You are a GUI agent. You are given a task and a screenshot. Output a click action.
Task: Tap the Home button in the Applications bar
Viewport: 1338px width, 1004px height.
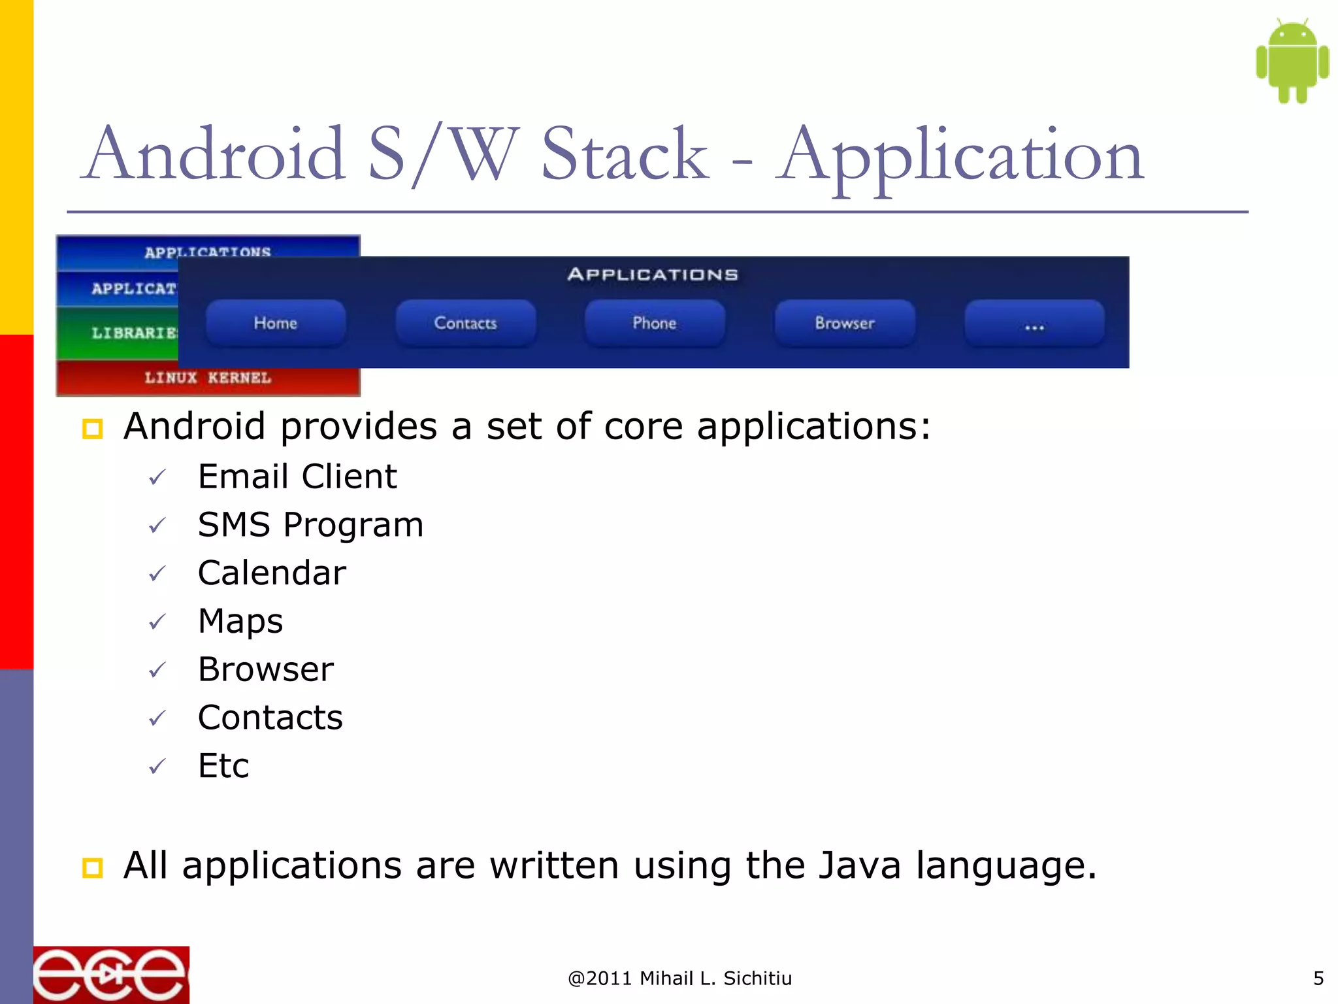click(276, 323)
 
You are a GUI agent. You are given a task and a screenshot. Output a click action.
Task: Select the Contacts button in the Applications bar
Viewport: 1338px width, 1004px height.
click(466, 323)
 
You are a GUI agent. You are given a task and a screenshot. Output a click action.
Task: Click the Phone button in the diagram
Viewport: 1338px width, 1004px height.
click(655, 323)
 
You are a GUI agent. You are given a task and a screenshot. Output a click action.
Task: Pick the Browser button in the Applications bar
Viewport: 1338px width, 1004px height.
click(845, 323)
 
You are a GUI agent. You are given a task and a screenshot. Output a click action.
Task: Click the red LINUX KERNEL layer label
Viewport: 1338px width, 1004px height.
click(208, 378)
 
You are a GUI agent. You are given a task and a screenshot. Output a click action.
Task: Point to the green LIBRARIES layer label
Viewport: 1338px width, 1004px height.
click(134, 333)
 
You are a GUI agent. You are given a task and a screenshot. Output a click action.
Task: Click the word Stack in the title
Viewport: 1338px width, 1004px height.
click(625, 154)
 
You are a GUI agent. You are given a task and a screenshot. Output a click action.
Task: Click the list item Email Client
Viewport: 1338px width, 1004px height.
click(297, 477)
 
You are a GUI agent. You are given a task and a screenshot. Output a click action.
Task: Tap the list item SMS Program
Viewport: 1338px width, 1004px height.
click(310, 525)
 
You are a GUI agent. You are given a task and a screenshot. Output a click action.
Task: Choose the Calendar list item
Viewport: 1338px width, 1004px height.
click(272, 573)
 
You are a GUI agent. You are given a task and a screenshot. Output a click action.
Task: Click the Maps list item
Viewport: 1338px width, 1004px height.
click(240, 621)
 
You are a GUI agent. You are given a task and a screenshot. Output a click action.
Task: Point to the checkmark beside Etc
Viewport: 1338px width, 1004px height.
click(157, 766)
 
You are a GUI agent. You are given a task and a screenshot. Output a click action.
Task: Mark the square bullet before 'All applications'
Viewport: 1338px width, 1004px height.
click(92, 868)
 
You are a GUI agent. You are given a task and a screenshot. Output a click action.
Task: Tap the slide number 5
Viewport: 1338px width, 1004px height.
click(1318, 979)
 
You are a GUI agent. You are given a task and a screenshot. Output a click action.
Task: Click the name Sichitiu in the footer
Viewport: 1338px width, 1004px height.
click(758, 979)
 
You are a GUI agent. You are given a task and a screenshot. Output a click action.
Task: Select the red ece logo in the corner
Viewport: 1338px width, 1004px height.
click(111, 975)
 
